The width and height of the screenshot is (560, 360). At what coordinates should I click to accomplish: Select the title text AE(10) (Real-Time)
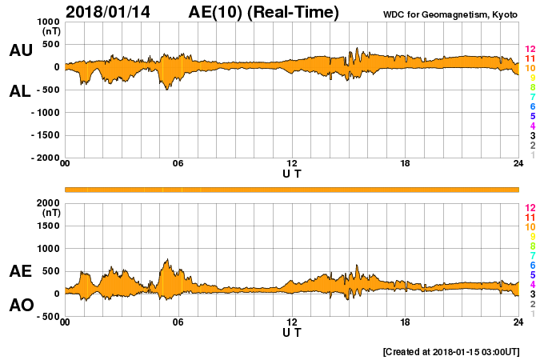(x=264, y=12)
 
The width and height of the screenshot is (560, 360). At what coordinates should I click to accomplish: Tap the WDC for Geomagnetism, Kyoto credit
(x=450, y=14)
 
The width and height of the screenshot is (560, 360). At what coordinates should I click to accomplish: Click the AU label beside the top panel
(x=21, y=50)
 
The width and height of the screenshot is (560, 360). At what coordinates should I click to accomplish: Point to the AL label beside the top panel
(x=21, y=91)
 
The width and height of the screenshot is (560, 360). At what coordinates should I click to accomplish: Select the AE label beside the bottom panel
(x=21, y=271)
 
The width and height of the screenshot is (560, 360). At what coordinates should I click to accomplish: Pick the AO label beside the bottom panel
(x=21, y=306)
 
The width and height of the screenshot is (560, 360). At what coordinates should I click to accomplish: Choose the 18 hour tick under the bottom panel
(x=406, y=322)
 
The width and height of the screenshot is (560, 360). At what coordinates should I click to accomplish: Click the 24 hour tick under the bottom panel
(x=518, y=322)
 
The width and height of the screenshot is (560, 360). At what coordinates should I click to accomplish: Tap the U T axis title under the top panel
(x=292, y=173)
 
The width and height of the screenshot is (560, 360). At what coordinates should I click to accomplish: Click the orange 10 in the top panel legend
(x=530, y=69)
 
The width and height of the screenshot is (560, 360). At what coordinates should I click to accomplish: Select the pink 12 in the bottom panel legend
(x=530, y=207)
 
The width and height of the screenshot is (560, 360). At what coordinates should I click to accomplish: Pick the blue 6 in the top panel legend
(x=531, y=106)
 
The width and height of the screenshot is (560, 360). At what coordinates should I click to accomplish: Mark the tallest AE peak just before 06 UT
(x=166, y=259)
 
